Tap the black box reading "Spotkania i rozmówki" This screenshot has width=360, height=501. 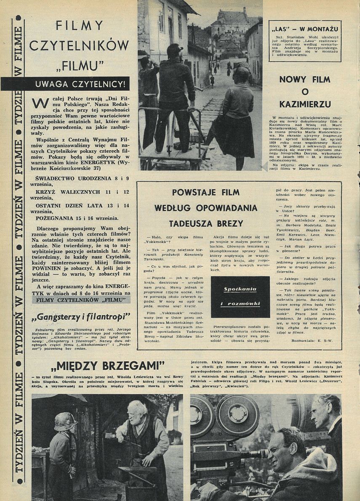click(x=240, y=297)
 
